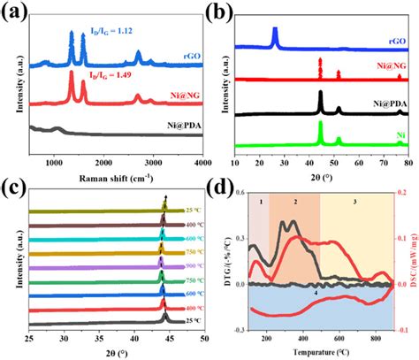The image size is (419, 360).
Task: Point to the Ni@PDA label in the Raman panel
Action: coord(179,129)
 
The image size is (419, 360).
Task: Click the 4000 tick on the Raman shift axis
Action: coord(202,164)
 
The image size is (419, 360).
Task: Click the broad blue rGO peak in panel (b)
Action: coord(275,36)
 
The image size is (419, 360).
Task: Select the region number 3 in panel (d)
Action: coord(354,203)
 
